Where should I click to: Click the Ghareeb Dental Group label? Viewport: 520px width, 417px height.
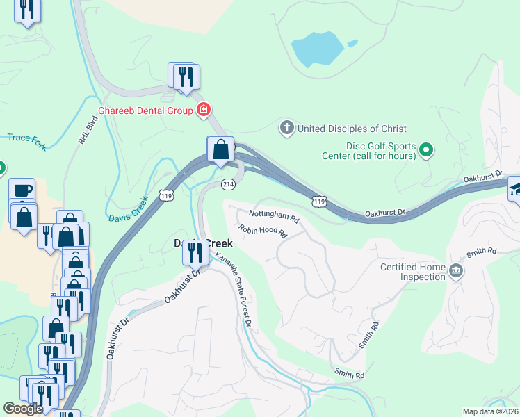coord(145,110)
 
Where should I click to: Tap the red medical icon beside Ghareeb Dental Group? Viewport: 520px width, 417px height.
coord(204,110)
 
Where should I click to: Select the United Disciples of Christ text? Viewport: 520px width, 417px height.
coord(352,129)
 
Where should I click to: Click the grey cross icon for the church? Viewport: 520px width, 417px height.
coord(286,128)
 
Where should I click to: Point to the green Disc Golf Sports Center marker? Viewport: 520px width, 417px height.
coord(427,150)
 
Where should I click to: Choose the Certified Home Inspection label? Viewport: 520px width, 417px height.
coord(412,272)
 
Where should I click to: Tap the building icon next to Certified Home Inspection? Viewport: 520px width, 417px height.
coord(456,271)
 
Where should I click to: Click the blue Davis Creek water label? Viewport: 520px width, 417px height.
coord(128,209)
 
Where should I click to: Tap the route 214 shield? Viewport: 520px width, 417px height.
coord(227,184)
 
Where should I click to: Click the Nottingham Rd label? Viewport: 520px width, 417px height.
coord(274,217)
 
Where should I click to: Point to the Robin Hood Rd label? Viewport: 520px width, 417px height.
coord(263,231)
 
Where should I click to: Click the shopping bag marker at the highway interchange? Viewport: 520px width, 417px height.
coord(220,149)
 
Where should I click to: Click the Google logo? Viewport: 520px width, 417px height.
coord(23,409)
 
